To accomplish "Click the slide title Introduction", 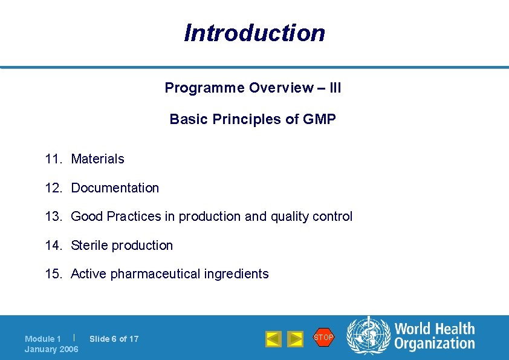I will [254, 33].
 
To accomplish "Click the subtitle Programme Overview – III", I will [253, 88].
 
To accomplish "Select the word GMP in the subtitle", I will [320, 119].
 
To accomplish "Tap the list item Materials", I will [97, 159].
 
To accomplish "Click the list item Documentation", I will [115, 188].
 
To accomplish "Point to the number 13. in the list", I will [54, 217].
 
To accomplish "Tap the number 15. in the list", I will [54, 274].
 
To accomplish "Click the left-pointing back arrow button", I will [273, 339].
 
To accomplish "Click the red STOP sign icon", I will [323, 337].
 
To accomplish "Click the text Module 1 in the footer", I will [42, 339].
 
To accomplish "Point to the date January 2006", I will [51, 349].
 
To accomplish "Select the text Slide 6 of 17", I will [114, 339].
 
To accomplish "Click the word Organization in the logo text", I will [435, 344].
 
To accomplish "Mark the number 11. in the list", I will [54, 159].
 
